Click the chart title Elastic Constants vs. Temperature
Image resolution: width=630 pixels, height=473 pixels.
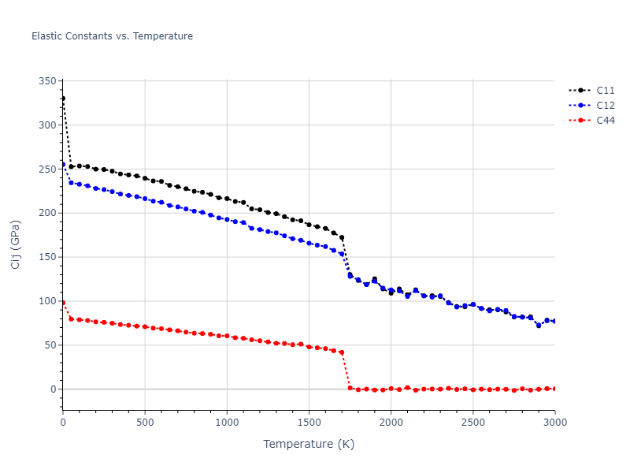click(112, 36)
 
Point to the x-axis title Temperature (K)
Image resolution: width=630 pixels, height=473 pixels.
click(309, 445)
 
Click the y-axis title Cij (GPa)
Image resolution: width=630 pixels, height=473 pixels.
click(16, 244)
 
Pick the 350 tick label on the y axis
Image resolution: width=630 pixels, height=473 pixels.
click(47, 81)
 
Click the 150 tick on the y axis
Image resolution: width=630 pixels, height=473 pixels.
click(47, 257)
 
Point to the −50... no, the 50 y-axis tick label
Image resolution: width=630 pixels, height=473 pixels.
click(50, 345)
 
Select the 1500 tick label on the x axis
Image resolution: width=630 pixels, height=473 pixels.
click(309, 423)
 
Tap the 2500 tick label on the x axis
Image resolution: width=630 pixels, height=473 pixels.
click(472, 423)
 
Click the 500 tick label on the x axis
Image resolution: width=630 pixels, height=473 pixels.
click(145, 423)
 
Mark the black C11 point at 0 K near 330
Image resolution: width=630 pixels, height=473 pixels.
click(63, 99)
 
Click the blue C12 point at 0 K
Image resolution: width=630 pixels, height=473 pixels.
click(63, 164)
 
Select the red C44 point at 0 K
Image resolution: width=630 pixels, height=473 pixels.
click(63, 303)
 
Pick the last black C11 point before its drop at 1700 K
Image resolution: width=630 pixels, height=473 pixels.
click(342, 237)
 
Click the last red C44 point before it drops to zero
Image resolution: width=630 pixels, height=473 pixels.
click(342, 352)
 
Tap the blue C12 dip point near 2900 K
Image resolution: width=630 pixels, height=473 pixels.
click(539, 325)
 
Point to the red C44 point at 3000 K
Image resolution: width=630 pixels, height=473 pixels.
click(554, 389)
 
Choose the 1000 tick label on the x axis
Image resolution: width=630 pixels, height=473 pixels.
click(227, 423)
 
